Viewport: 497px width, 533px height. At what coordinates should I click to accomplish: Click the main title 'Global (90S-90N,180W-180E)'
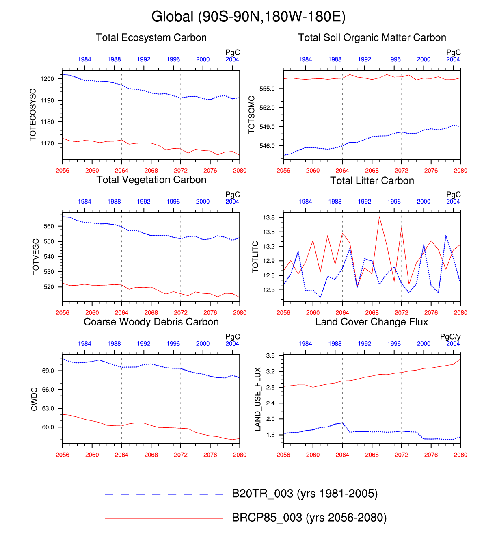tap(248, 17)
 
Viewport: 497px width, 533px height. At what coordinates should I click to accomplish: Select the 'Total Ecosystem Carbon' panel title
tap(151, 38)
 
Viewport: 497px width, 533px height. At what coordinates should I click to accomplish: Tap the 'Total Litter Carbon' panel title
tap(372, 181)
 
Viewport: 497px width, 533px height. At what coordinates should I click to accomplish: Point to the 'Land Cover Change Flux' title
tap(372, 322)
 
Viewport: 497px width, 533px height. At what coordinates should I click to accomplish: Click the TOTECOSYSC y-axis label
tap(33, 115)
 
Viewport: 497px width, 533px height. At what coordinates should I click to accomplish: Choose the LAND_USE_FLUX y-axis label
tap(257, 399)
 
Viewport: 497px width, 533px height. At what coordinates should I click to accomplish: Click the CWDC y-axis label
tap(34, 399)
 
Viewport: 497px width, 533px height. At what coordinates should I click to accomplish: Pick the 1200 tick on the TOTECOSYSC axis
tap(47, 79)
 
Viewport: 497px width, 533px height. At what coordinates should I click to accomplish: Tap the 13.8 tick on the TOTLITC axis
tap(269, 217)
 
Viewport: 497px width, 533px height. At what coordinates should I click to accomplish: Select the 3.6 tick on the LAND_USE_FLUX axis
tap(270, 356)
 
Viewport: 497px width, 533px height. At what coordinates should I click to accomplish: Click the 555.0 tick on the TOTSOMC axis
tap(267, 89)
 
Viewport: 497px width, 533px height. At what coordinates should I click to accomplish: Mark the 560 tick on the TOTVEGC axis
tap(49, 226)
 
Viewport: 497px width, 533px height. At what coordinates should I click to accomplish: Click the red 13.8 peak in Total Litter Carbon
tap(379, 217)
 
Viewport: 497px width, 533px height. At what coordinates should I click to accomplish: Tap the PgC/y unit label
tap(450, 337)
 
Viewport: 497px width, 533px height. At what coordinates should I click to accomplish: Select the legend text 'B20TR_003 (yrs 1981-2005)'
tap(305, 494)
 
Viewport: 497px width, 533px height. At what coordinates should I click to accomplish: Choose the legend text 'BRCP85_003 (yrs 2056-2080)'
tap(309, 518)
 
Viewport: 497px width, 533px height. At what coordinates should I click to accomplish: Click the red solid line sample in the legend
tap(164, 518)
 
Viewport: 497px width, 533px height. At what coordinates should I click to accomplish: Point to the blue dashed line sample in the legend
tap(164, 494)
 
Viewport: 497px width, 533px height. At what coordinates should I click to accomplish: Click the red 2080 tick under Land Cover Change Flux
tap(460, 455)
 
